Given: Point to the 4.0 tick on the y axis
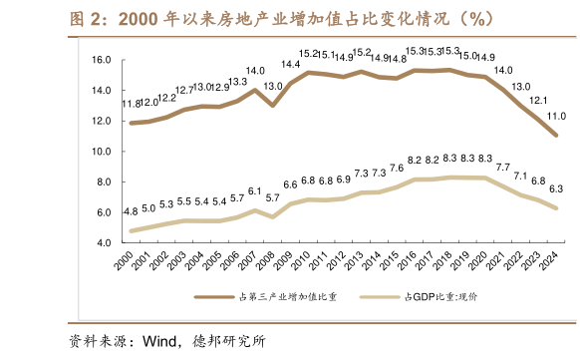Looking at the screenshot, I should click(103, 243).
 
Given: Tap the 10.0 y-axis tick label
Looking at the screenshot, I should click(100, 152).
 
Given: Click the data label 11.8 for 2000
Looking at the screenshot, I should click(131, 104).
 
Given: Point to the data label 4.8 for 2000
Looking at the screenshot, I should click(131, 212).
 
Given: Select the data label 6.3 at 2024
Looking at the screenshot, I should click(557, 188).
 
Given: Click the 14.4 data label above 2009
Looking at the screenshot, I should click(291, 65).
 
